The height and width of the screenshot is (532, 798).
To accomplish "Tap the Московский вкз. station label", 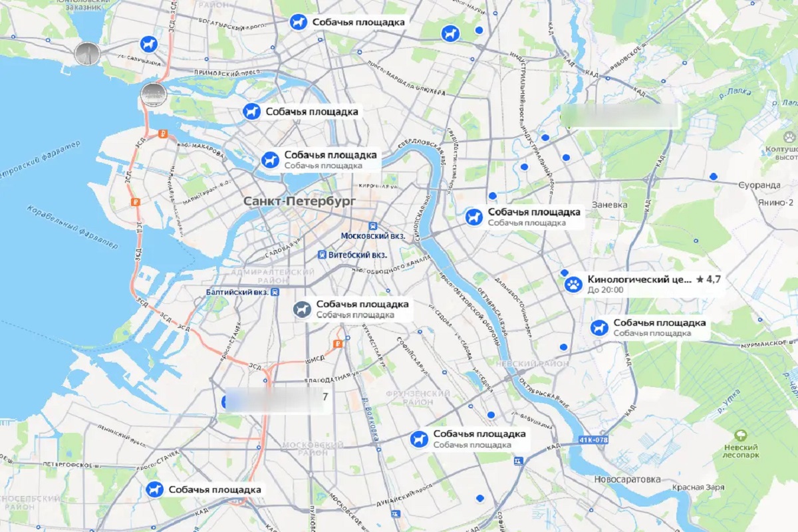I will tap(373, 236).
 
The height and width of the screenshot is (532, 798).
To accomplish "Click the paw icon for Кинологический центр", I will tap(573, 285).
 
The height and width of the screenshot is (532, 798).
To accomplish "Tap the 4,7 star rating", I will tap(709, 279).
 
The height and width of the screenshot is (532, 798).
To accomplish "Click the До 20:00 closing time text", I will tap(605, 290).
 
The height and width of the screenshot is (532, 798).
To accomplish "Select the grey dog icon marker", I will tap(303, 309).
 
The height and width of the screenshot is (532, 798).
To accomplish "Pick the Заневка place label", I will tap(610, 205).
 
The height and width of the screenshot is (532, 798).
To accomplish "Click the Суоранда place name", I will tap(759, 184).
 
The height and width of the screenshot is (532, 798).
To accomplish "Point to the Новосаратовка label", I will tap(627, 479).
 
